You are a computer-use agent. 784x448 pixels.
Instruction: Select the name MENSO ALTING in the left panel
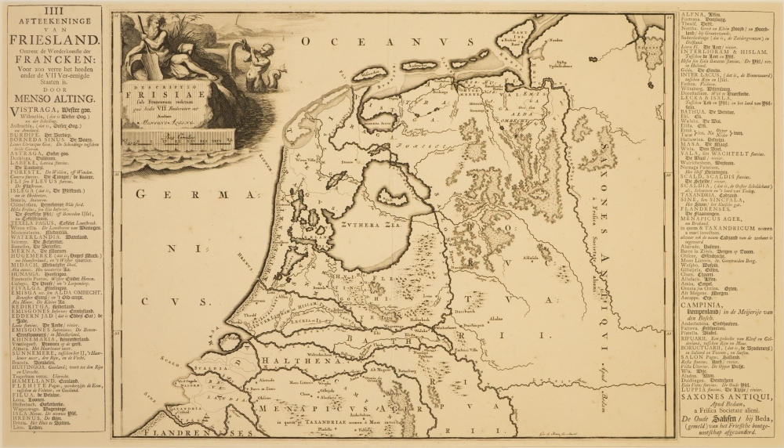coord(52,98)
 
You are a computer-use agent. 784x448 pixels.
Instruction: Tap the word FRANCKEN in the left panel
coord(52,57)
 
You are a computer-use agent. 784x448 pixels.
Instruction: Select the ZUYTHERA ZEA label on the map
coord(368,222)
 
